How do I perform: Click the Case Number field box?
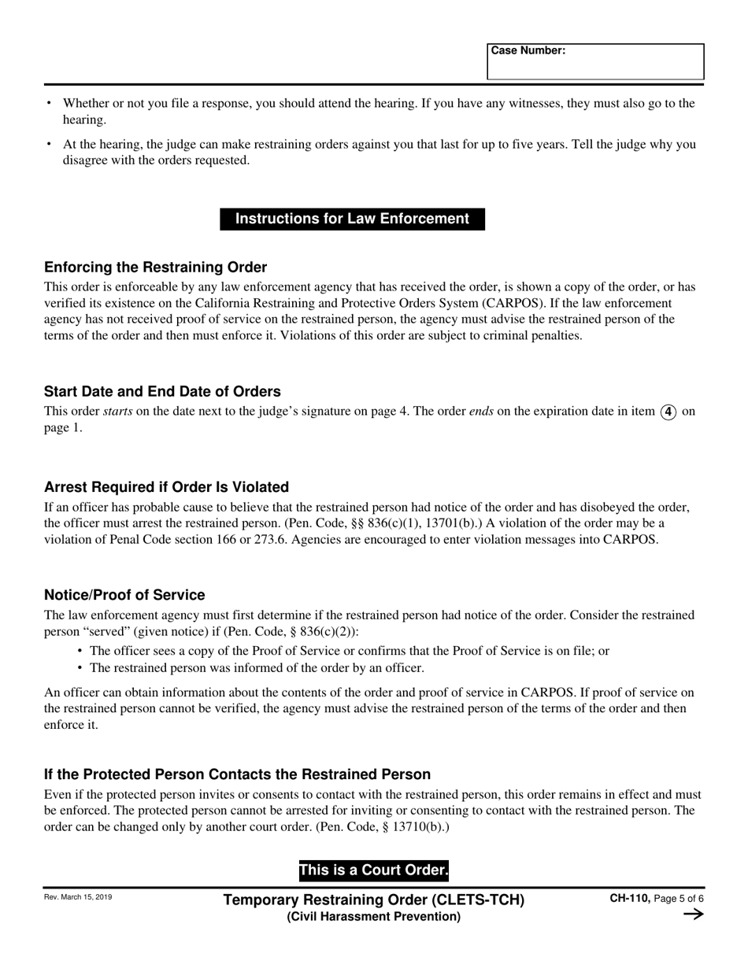595,62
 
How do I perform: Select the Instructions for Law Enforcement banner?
352,219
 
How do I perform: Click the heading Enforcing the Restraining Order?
155,267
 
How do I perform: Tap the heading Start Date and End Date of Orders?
162,391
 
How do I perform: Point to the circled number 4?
668,411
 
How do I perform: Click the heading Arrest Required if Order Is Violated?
166,486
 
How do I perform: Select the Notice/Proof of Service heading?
124,595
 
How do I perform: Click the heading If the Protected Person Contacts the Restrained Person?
237,774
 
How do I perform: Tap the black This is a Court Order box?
373,870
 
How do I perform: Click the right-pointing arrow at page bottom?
693,914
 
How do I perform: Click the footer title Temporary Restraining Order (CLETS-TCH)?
374,900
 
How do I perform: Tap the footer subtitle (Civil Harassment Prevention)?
374,916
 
